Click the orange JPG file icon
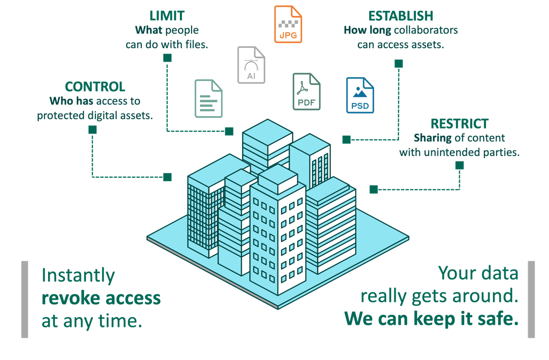pos(288,24)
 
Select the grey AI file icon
pos(251,65)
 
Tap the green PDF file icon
pos(306,92)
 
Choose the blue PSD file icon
pos(360,96)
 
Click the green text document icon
pos(208,98)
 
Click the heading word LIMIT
pos(167,16)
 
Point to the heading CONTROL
pos(95,87)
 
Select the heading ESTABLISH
pos(401,16)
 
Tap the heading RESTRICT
pos(459,124)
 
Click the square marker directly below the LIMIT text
pos(167,58)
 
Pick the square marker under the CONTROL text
pos(92,130)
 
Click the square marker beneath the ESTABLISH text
pos(399,63)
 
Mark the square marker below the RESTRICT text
pos(459,165)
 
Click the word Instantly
pos(78,276)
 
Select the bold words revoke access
pos(101,298)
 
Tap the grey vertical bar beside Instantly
pos(24,299)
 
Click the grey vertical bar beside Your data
pos(531,299)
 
